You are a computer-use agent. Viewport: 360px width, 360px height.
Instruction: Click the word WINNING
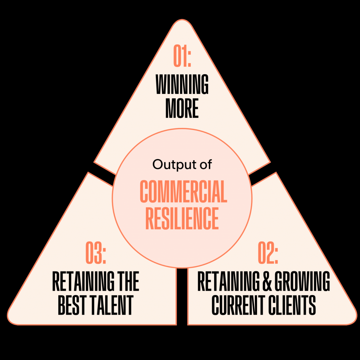[x=182, y=85]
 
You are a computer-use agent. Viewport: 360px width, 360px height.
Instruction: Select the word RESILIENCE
[x=182, y=218]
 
